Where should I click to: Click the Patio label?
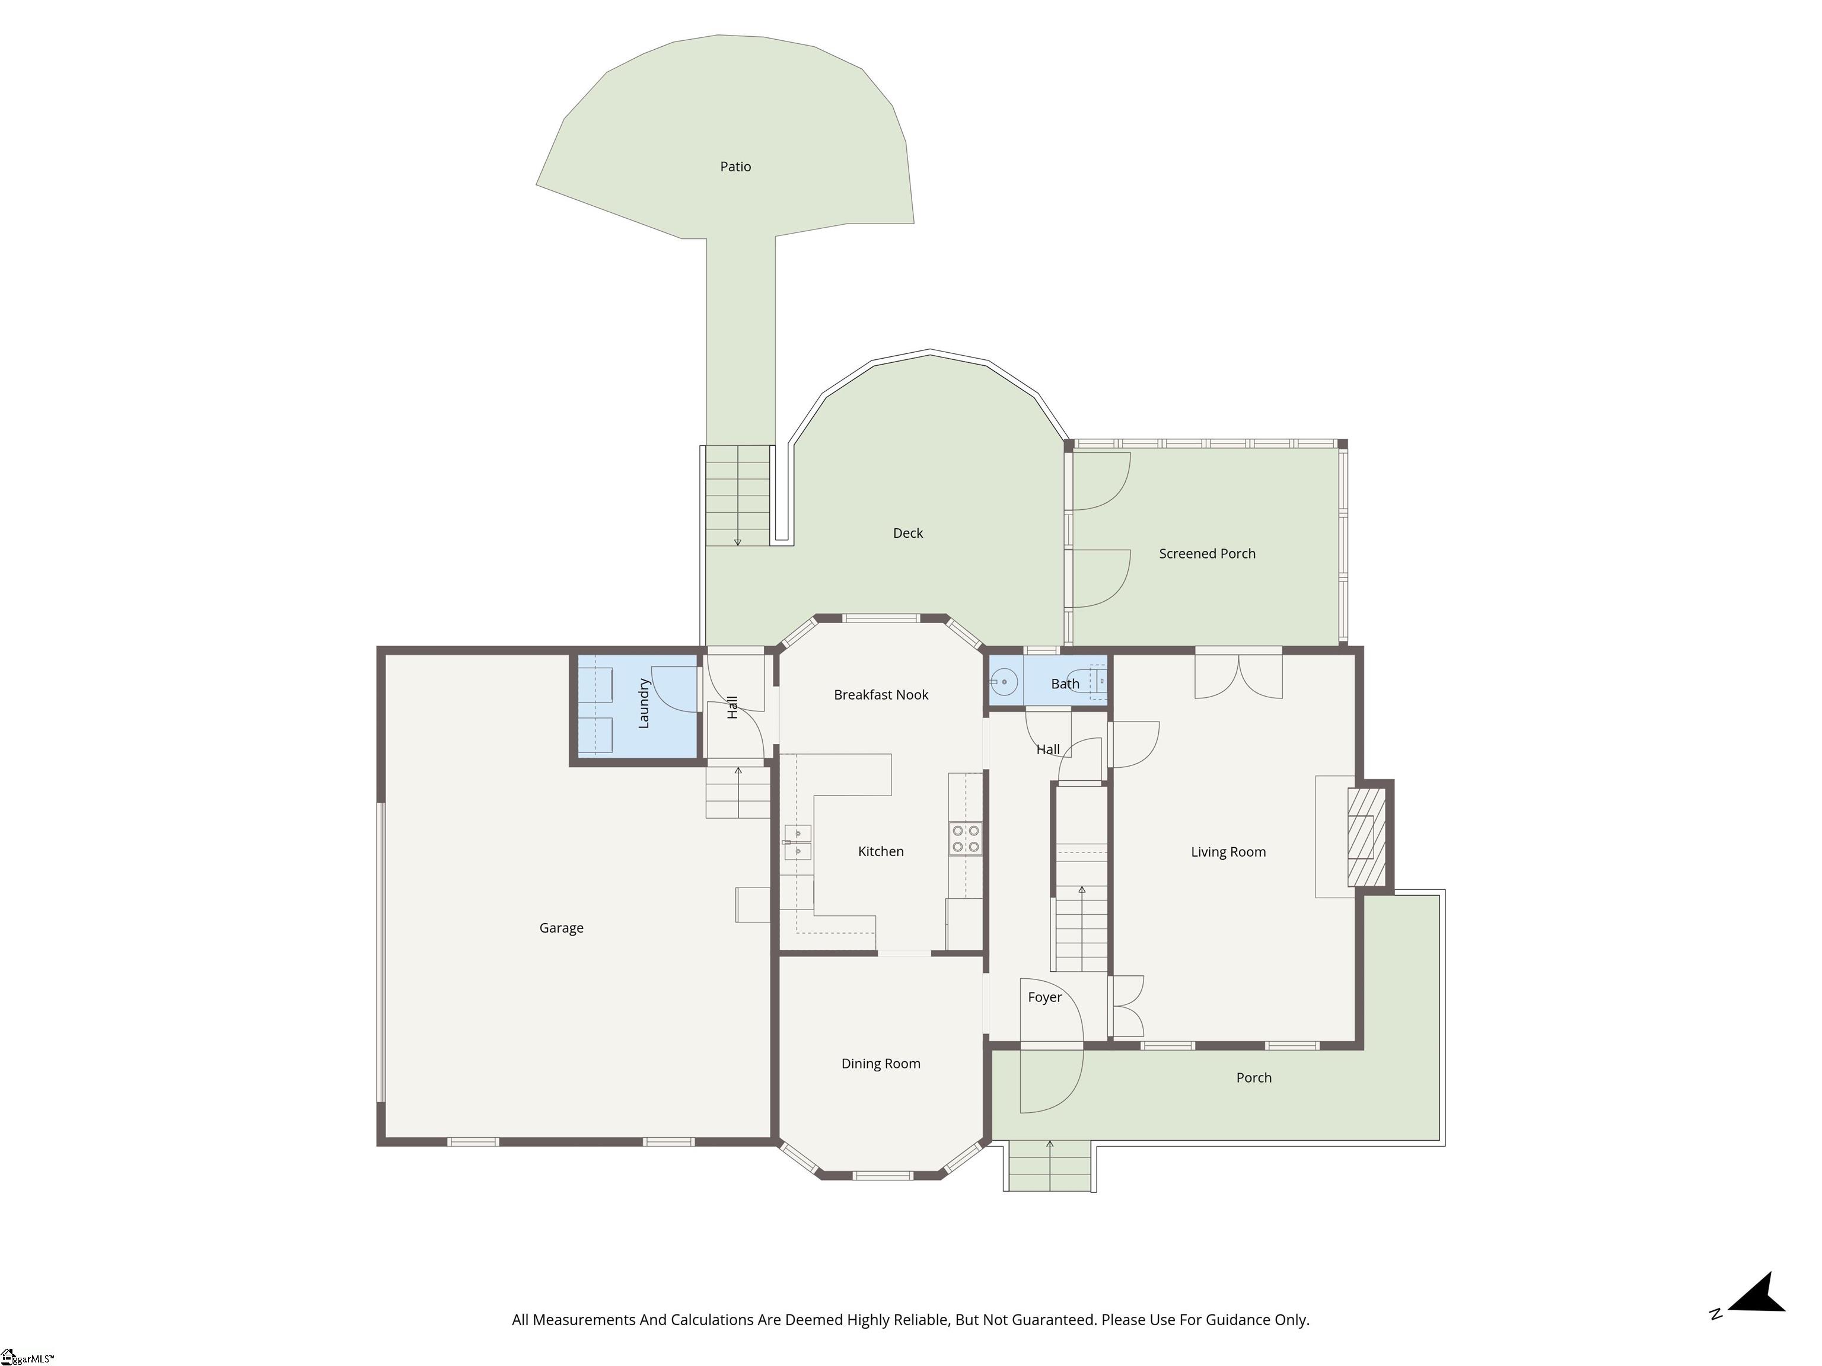click(x=735, y=167)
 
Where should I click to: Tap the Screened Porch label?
click(x=1207, y=553)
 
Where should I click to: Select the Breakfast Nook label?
click(x=881, y=695)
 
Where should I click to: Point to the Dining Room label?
click(x=881, y=1064)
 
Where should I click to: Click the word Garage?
click(x=561, y=928)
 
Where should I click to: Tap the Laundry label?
click(x=644, y=703)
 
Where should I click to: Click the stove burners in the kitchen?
click(x=966, y=838)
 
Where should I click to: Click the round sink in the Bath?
click(x=1004, y=682)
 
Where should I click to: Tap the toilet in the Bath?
click(x=1097, y=682)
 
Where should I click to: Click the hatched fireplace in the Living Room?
click(x=1366, y=837)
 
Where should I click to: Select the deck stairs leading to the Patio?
click(x=738, y=496)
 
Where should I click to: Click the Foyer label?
click(x=1044, y=997)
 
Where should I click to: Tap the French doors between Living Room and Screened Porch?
click(x=1238, y=674)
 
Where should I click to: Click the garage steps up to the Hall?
click(x=738, y=792)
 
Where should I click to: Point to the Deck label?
click(x=907, y=533)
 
